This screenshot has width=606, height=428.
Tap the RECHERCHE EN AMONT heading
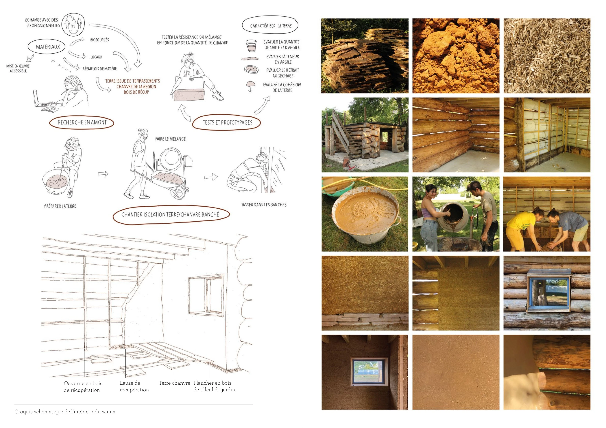click(82, 123)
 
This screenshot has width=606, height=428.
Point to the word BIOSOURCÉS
click(99, 40)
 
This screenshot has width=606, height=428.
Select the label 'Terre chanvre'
click(174, 383)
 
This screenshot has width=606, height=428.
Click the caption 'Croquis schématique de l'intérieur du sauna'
click(65, 412)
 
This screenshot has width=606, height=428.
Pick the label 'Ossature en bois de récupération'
click(83, 387)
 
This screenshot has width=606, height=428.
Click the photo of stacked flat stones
click(365, 56)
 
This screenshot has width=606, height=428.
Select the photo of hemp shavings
click(547, 56)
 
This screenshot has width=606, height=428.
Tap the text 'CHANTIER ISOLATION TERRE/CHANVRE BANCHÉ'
click(170, 215)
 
